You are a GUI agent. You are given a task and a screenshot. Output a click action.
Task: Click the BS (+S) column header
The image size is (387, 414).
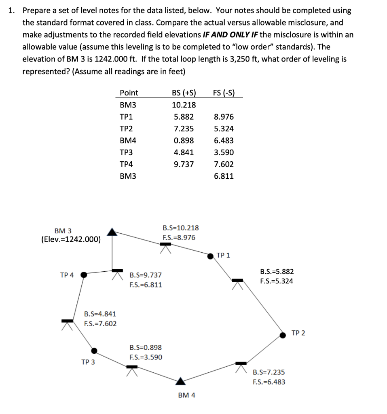184,93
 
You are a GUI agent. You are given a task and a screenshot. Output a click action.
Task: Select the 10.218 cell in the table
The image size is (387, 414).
184,105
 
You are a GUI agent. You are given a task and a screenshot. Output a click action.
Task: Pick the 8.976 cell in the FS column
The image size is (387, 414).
224,117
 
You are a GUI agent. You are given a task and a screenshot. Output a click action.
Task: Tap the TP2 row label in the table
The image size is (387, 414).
127,129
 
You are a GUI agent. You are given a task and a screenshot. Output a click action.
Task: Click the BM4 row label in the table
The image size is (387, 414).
128,141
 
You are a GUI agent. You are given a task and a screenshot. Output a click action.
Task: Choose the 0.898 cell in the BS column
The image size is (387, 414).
184,141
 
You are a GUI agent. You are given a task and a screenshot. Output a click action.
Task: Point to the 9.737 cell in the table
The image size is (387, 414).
184,164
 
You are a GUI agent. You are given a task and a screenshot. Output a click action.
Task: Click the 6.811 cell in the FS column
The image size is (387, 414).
224,176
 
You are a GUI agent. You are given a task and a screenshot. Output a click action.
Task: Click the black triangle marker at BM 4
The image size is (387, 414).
181,380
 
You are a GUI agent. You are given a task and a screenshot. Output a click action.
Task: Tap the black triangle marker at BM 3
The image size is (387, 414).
112,232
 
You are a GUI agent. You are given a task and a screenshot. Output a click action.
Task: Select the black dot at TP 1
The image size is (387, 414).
210,256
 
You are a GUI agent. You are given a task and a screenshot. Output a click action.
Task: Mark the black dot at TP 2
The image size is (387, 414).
282,334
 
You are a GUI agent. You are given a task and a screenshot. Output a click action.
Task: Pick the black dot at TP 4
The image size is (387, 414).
83,275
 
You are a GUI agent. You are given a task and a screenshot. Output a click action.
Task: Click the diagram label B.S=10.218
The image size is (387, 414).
180,228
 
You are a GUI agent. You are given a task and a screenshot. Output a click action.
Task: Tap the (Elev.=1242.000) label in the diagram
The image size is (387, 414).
71,239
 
